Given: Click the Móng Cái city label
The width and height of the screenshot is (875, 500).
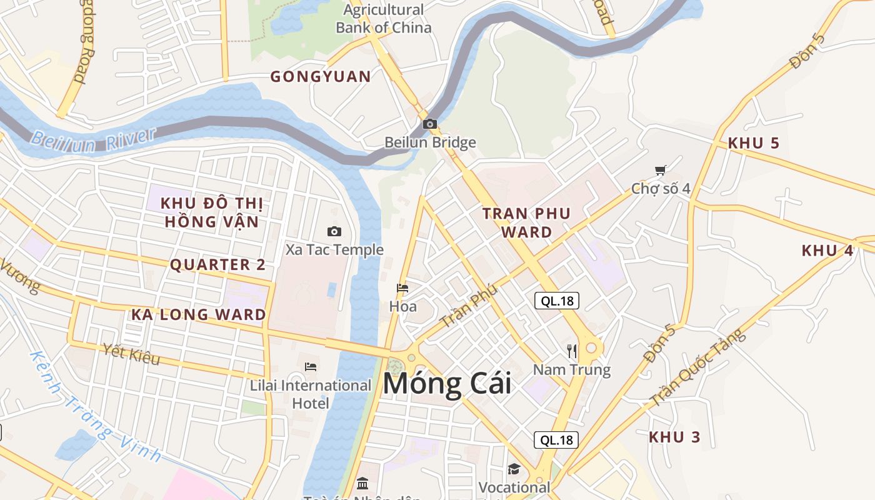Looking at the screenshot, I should pos(447,383).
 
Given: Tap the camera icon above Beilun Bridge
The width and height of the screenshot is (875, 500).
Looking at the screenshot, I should pos(429,124).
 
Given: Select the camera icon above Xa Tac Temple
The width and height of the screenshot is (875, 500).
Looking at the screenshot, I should pos(334,231).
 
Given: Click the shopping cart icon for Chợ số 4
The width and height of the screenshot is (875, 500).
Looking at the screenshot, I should pos(660,170).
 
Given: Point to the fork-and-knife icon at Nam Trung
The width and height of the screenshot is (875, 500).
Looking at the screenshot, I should pos(572,351).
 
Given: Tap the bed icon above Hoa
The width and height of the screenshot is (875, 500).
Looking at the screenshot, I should pos(402,288).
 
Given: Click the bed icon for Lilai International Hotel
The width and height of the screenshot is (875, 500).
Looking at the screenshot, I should pos(311,366).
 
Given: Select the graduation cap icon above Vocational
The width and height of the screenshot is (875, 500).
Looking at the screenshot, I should pos(514,469).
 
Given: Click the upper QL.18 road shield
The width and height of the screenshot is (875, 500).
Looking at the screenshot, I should pos(557,301).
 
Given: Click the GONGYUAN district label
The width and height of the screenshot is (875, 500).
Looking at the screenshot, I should pos(320,77).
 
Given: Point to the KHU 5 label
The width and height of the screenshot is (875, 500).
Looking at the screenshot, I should pos(753,143).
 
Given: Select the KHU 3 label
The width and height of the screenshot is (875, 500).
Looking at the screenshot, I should pos(674,437).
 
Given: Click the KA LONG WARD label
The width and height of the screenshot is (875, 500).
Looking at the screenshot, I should pos(198,314).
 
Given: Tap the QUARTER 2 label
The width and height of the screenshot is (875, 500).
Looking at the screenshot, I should pos(217,264).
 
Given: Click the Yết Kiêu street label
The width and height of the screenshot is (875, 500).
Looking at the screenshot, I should pos(132,354).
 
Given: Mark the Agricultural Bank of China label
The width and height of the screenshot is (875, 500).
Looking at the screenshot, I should pos(383,19).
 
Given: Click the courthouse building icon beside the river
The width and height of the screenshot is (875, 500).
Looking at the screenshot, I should pos(362,483).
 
